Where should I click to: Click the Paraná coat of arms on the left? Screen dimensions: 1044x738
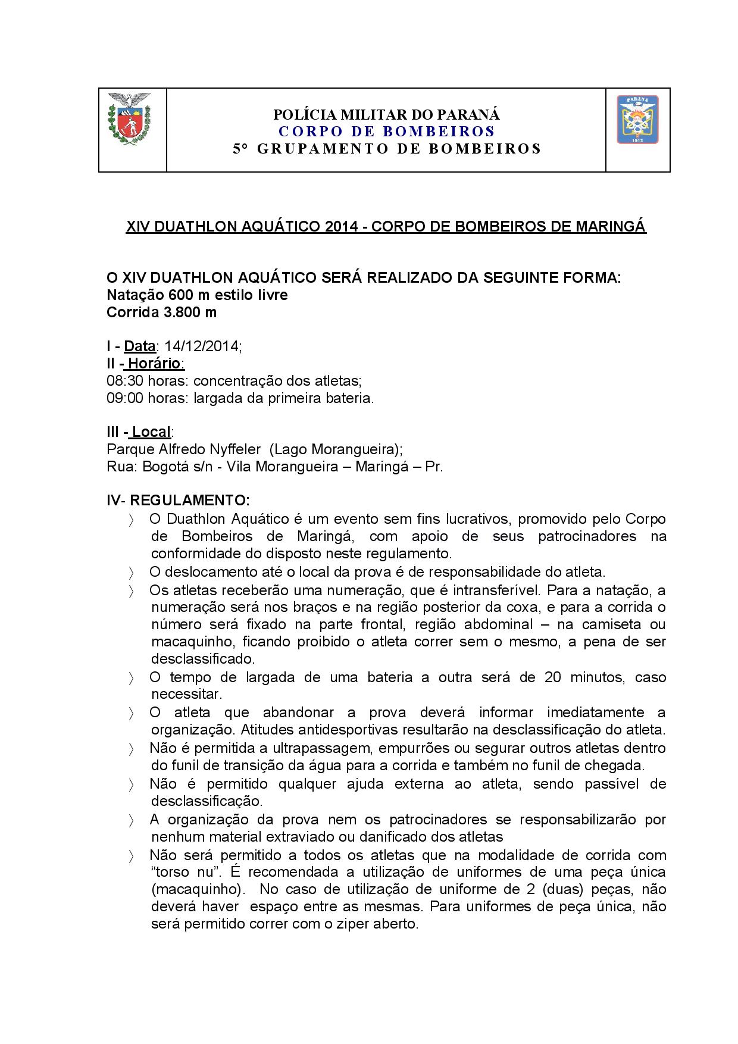click(x=128, y=119)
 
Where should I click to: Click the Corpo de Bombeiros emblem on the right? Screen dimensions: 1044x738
click(x=637, y=120)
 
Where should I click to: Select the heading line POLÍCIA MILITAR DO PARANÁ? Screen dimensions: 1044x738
click(x=386, y=114)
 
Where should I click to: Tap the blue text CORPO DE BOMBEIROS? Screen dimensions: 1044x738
click(x=387, y=131)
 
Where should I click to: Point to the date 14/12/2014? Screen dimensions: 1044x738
click(x=202, y=346)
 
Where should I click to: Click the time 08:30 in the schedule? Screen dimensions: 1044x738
click(x=125, y=381)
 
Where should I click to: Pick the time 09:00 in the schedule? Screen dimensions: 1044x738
click(x=125, y=398)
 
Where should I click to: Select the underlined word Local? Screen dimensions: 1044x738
click(x=151, y=432)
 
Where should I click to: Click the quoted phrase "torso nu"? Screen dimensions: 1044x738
click(x=182, y=873)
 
